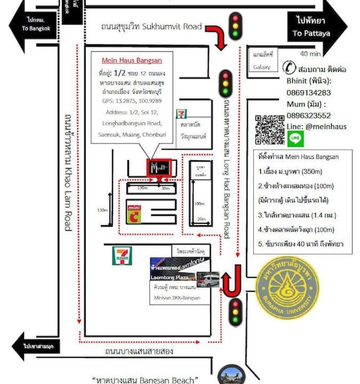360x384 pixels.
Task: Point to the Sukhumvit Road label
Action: [151, 27]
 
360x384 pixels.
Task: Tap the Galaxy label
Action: [262, 67]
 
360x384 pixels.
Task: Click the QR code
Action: [269, 130]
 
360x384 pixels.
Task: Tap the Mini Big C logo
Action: [134, 213]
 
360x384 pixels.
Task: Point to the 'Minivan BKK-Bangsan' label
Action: [176, 298]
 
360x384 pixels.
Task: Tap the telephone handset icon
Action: [290, 68]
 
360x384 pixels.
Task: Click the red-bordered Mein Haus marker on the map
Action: [159, 168]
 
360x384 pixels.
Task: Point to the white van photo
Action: [208, 279]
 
